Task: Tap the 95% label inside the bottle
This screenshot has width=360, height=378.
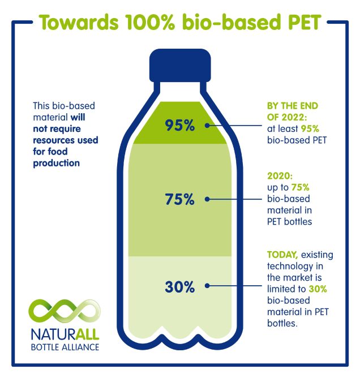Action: pos(180,126)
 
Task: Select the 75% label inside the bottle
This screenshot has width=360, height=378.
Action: pos(180,199)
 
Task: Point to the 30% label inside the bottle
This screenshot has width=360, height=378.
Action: pos(180,287)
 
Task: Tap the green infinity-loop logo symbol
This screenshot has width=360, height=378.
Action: pos(63,311)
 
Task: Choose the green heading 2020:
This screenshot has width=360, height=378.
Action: pos(278,176)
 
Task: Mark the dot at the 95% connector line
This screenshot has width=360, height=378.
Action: pos(208,126)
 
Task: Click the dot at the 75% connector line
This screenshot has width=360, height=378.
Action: pos(208,199)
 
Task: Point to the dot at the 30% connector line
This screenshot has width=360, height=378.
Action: pos(208,287)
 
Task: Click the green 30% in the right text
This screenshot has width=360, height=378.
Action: pos(318,289)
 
